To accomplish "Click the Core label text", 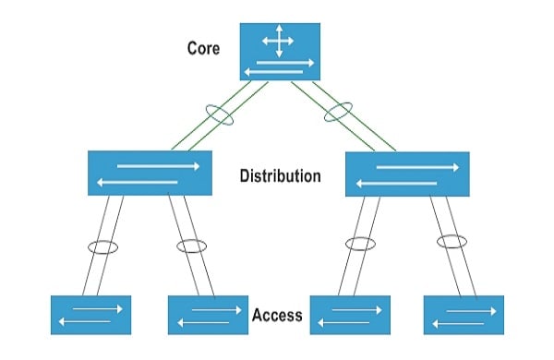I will [x=203, y=47].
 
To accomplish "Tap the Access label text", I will [x=277, y=315].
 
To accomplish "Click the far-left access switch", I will [x=90, y=315].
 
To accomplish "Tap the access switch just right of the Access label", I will [x=349, y=315].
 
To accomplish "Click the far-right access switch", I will [x=464, y=315].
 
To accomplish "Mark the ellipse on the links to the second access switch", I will [x=191, y=246].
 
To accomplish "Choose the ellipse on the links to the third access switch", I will [x=360, y=245].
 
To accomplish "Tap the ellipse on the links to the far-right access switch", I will [x=452, y=242].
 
